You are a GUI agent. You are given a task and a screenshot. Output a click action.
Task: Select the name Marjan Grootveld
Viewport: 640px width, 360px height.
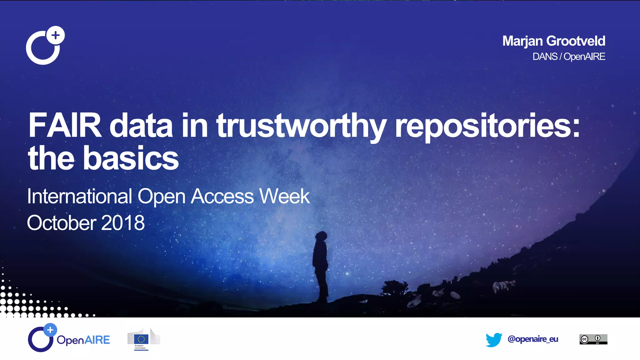point(553,41)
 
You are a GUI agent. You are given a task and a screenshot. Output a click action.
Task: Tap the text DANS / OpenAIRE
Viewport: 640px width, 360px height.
point(569,57)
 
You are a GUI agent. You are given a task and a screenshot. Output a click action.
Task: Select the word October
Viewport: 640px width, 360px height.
point(61,223)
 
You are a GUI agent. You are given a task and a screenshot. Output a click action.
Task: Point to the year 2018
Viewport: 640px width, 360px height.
point(123,223)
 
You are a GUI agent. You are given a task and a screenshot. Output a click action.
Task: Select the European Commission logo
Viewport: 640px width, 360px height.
point(143,339)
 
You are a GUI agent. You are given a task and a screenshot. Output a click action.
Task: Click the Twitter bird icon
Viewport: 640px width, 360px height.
point(494,340)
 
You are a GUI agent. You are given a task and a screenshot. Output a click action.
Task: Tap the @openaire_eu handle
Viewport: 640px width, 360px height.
point(533,339)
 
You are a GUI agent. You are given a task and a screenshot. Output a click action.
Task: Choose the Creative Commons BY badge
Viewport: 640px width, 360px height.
point(593,339)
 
